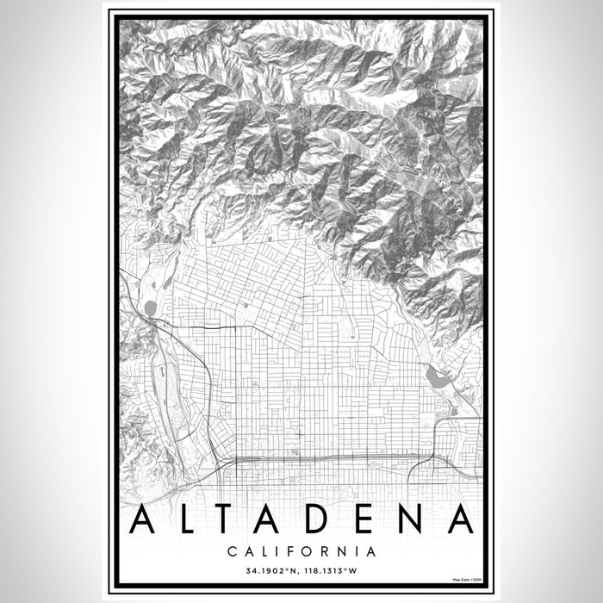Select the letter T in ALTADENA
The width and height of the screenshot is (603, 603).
[x=230, y=519]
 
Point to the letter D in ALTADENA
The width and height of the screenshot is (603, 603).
[x=325, y=519]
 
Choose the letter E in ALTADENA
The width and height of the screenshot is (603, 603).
[x=370, y=519]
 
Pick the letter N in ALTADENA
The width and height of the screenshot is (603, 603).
[x=415, y=519]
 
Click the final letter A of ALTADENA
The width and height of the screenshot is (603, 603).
[x=461, y=519]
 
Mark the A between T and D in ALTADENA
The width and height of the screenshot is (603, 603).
[x=277, y=519]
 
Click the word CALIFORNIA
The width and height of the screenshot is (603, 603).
[x=301, y=550]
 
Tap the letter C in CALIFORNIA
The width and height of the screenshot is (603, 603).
[x=233, y=550]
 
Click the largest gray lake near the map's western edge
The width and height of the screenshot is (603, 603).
[x=151, y=308]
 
